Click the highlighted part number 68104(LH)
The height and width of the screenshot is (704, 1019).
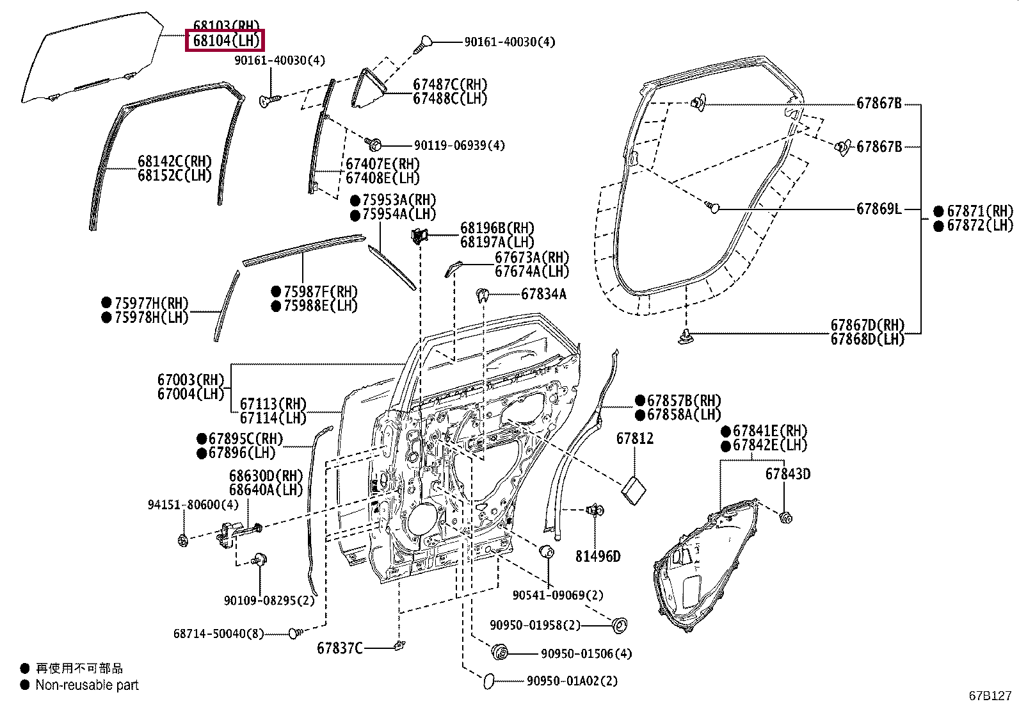[x=226, y=40]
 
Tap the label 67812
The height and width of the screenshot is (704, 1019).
[x=634, y=438]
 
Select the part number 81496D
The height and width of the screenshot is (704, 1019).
[x=598, y=556]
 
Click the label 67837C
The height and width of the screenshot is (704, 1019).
[x=339, y=648]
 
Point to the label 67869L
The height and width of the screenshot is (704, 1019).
[x=878, y=209]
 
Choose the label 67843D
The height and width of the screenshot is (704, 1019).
[x=788, y=474]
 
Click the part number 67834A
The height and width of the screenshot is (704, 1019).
[x=543, y=294]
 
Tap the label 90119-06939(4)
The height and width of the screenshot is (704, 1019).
[x=460, y=145]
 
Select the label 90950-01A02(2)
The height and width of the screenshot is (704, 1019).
[x=572, y=681]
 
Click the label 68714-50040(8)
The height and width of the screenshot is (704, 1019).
[x=218, y=634]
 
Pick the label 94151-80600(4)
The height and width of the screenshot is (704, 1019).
[x=193, y=505]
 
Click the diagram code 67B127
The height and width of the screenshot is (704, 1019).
[x=990, y=696]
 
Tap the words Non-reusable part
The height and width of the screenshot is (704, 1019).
[x=87, y=685]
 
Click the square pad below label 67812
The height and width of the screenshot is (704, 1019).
[x=634, y=491]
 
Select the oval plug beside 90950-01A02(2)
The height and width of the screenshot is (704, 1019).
[x=488, y=681]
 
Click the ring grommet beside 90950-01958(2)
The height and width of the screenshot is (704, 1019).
[x=620, y=625]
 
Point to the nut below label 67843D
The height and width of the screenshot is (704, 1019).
[x=785, y=518]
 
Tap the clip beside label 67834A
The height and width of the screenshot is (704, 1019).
[x=482, y=295]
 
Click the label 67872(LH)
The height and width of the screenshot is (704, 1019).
[x=980, y=225]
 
